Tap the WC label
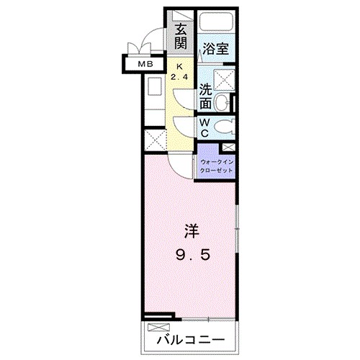click(x=204, y=128)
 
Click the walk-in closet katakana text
click(x=216, y=167)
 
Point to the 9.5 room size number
click(x=191, y=254)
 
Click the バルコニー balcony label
click(x=189, y=338)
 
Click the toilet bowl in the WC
click(x=225, y=129)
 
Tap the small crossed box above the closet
click(x=228, y=147)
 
